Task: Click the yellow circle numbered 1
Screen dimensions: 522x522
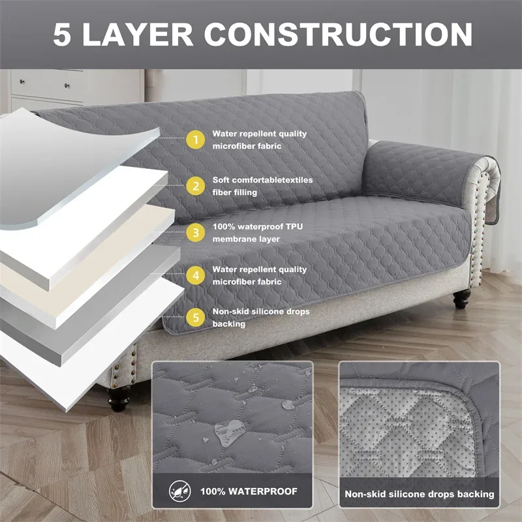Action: tap(195, 140)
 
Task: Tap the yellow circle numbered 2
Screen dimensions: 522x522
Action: tap(195, 186)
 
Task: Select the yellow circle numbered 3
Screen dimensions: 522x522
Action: tap(195, 232)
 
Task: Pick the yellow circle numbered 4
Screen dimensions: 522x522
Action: tap(195, 275)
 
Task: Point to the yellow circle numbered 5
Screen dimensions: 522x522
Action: tap(195, 317)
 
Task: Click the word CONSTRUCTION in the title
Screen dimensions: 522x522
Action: tap(338, 35)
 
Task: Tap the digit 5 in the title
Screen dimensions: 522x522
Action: tap(62, 35)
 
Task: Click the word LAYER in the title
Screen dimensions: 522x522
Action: tap(137, 35)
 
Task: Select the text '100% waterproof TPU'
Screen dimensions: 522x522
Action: tap(257, 226)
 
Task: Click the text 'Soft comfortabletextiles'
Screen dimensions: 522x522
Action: tap(262, 180)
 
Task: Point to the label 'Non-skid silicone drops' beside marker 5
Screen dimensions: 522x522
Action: tap(260, 312)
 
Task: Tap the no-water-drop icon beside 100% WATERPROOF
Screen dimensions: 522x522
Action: tap(180, 491)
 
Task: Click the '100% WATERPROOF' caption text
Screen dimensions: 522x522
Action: tap(249, 491)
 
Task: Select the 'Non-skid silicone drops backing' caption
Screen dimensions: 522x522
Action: tap(419, 494)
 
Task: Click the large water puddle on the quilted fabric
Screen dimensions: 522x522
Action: tap(230, 433)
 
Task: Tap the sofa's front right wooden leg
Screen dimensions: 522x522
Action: tap(462, 299)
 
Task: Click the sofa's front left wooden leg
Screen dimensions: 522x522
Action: tap(119, 399)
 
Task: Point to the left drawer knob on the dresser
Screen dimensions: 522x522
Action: tap(22, 81)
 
